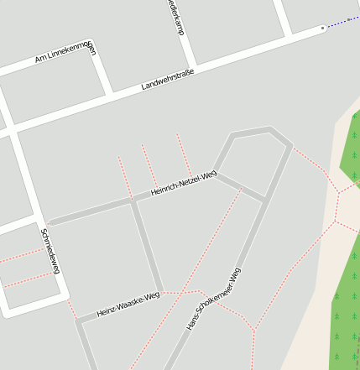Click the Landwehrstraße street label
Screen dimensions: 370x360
coord(168,80)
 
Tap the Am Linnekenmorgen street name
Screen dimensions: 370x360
coord(65,53)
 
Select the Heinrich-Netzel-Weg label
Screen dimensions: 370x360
coord(183,183)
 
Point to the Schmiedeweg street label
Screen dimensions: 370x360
coord(50,250)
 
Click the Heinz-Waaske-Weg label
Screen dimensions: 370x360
coord(128,304)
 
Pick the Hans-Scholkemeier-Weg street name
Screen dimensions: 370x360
coord(213,299)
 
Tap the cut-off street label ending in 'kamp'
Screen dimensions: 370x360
coord(175,17)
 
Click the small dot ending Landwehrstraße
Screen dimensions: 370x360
coord(322,29)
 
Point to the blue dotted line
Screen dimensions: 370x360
coord(342,21)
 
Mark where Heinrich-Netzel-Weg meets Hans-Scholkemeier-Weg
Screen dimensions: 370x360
coord(265,200)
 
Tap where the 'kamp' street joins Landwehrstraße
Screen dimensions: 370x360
coord(194,66)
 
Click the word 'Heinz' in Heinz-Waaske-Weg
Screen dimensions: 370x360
coord(107,311)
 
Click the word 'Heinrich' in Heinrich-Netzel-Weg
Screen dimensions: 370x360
coord(164,190)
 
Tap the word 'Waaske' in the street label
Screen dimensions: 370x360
coord(131,303)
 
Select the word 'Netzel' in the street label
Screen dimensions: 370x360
coord(190,180)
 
